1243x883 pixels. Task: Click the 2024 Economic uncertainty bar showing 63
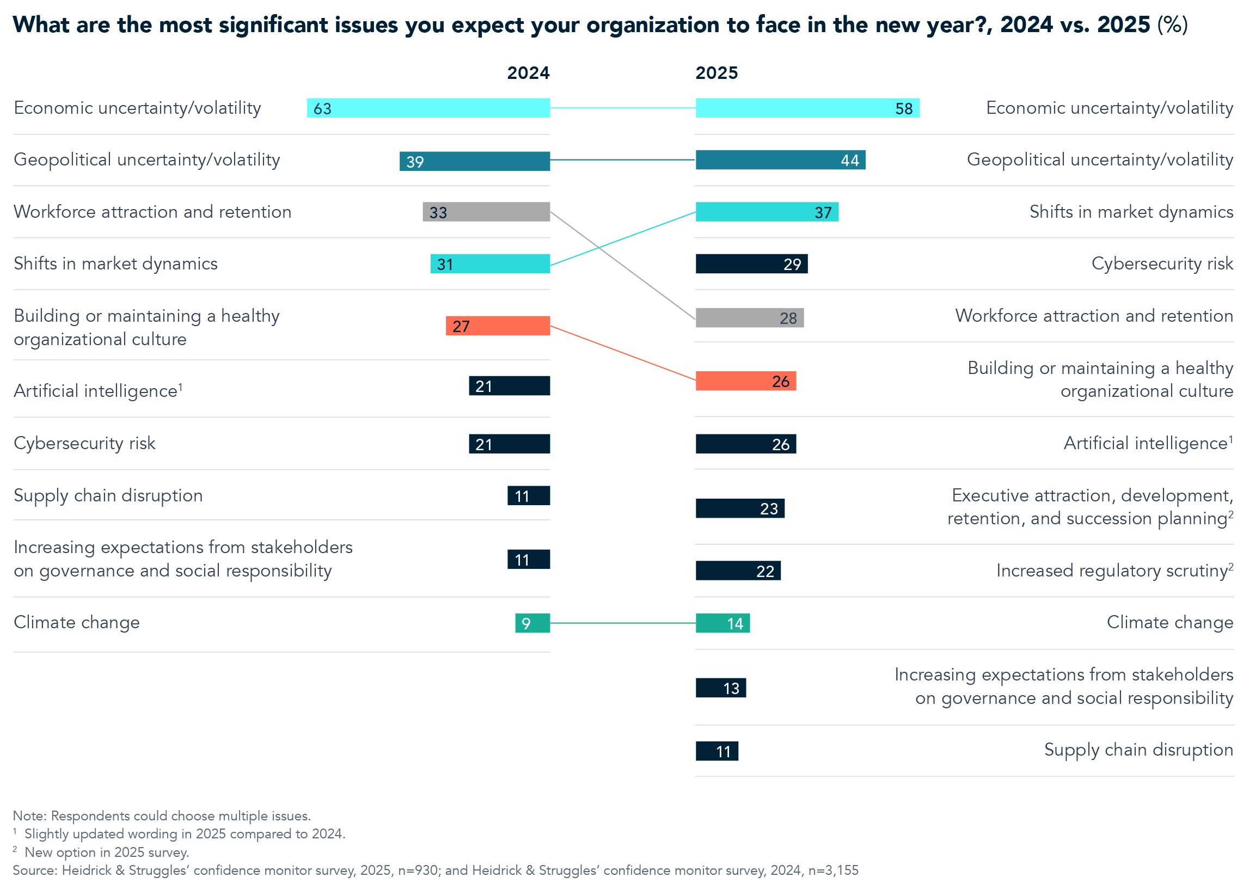[x=428, y=108]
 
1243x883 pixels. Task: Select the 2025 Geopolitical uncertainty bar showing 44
[x=780, y=160]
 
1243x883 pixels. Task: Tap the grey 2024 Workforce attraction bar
[x=486, y=212]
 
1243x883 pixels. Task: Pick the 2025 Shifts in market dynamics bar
[x=767, y=212]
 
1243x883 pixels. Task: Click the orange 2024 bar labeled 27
[x=498, y=326]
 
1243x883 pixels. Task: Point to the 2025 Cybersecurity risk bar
[x=751, y=264]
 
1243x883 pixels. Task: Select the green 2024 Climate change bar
[x=532, y=623]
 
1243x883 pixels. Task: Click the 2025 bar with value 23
[x=739, y=508]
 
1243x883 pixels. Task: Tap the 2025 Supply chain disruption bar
[x=717, y=751]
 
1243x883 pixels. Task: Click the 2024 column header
[x=528, y=73]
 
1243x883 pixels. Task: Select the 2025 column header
[x=717, y=73]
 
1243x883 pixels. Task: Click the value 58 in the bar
[x=904, y=108]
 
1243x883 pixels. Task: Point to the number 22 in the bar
[x=765, y=571]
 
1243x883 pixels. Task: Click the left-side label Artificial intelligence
[x=96, y=391]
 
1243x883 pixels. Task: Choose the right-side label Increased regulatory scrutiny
[x=1112, y=571]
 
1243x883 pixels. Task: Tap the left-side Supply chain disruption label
[x=108, y=495]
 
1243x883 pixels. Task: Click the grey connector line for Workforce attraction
[x=622, y=265]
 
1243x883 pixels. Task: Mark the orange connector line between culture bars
[x=622, y=353]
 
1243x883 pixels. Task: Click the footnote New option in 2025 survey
[x=107, y=852]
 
